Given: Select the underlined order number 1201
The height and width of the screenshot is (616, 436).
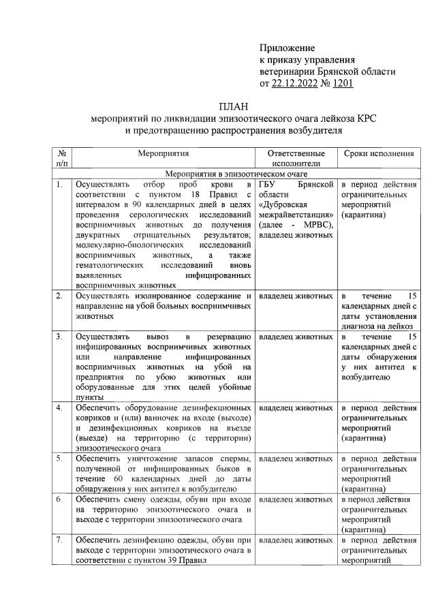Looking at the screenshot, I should tap(342, 83).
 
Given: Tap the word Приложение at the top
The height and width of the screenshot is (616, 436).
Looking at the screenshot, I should tap(287, 48).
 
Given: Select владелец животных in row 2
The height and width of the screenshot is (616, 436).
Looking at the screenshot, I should tap(296, 296).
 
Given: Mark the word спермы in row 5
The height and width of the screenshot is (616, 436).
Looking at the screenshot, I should tap(236, 458).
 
